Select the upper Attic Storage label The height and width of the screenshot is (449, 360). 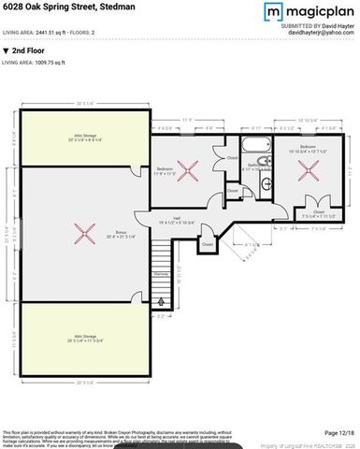(x=85, y=137)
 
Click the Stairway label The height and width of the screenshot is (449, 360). (x=162, y=274)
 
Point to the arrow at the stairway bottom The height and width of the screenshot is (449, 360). (x=162, y=301)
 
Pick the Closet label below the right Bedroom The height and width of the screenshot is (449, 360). (x=318, y=213)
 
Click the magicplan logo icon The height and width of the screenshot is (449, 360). (x=273, y=12)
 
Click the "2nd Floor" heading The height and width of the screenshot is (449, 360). (x=31, y=50)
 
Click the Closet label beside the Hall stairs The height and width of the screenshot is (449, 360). (x=208, y=245)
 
